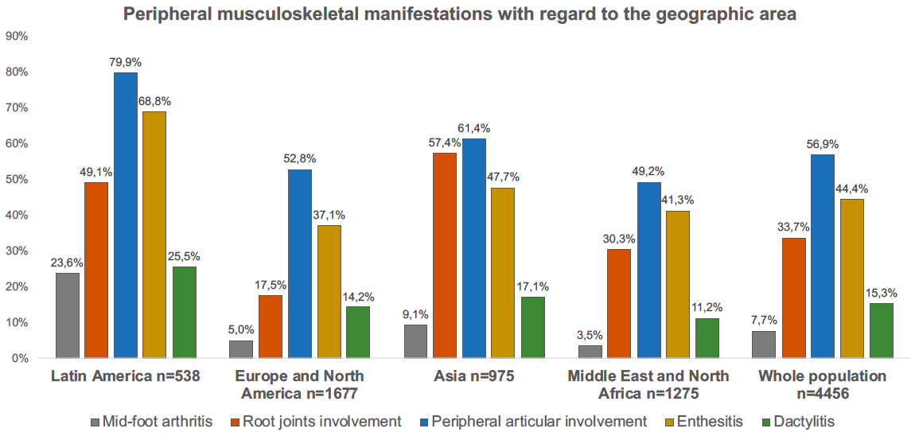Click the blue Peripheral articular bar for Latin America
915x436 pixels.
click(x=126, y=215)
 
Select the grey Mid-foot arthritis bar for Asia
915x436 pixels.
click(x=416, y=341)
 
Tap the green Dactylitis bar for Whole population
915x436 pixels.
click(x=881, y=330)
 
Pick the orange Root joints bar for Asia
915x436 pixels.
click(x=445, y=255)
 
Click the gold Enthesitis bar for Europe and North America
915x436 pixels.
click(x=329, y=291)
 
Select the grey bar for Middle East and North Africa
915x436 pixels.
click(x=590, y=352)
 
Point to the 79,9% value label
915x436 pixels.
click(x=126, y=61)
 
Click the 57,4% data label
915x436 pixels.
click(x=445, y=142)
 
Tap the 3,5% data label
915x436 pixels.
click(x=590, y=334)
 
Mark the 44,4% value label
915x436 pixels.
click(x=851, y=189)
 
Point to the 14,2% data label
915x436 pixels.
click(x=359, y=296)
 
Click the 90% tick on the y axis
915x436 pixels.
click(x=17, y=36)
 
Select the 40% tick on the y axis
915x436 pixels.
click(x=17, y=215)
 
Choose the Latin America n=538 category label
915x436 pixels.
click(x=126, y=376)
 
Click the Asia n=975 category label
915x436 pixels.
click(x=474, y=376)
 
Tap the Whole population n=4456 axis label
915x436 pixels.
click(x=822, y=383)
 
